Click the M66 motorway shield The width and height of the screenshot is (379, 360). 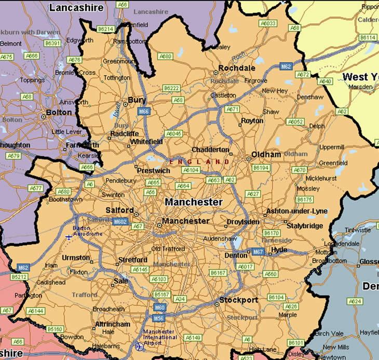point(144,111)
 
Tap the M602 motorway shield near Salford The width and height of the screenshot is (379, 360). point(119,221)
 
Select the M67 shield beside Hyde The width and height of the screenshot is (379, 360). point(258,252)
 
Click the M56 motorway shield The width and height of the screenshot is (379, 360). point(159,318)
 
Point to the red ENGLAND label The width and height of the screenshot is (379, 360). point(198,162)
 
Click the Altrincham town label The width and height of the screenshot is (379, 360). point(112,324)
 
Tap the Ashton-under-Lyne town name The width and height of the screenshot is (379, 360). point(296,211)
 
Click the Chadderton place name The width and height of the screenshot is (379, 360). point(210,150)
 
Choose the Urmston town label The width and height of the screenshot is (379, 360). point(76,258)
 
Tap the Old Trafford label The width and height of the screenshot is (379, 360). point(167,249)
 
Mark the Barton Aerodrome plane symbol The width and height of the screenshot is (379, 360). point(69,237)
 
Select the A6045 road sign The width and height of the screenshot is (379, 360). point(173,133)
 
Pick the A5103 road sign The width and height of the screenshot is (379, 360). point(158,279)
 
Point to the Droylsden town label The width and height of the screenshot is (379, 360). point(243,222)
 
